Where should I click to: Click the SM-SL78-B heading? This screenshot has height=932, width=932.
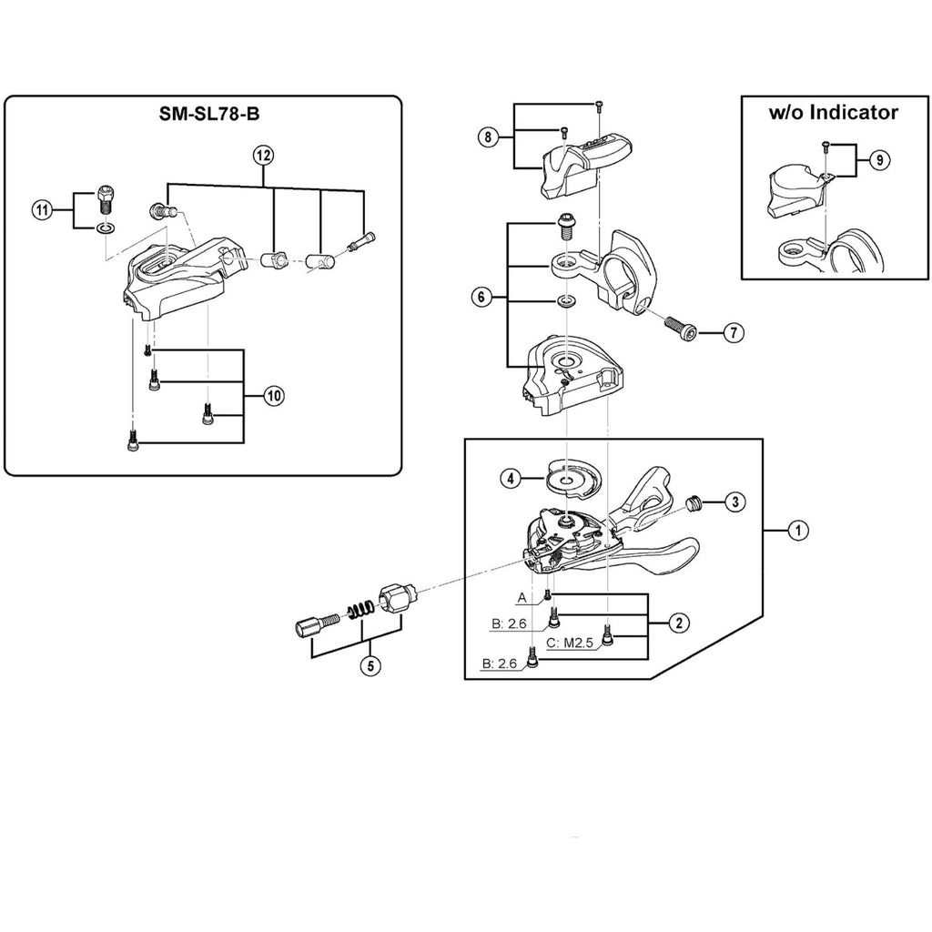point(209,114)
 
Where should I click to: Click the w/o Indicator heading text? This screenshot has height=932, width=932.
point(834,112)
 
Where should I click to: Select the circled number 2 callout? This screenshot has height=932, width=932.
point(679,623)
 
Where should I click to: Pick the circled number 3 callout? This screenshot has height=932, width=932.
point(734,501)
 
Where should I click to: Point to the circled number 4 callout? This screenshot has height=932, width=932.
point(511,478)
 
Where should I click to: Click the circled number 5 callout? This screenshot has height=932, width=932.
point(370,665)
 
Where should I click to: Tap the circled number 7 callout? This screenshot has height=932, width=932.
point(734,333)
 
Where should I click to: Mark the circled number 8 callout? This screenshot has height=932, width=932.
point(489,137)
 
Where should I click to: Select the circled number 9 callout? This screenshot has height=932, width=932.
point(880,160)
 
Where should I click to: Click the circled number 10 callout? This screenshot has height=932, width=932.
point(273,396)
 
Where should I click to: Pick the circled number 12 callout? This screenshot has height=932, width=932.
point(263,156)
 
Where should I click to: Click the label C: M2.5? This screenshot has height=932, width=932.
point(570,643)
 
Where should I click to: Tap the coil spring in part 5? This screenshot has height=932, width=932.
point(360,609)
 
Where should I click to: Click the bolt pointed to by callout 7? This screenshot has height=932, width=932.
point(683,328)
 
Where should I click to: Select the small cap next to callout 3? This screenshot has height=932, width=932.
point(693,504)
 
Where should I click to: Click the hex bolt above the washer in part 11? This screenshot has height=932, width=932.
point(105,201)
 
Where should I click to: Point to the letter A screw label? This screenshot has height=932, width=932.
point(522,597)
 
